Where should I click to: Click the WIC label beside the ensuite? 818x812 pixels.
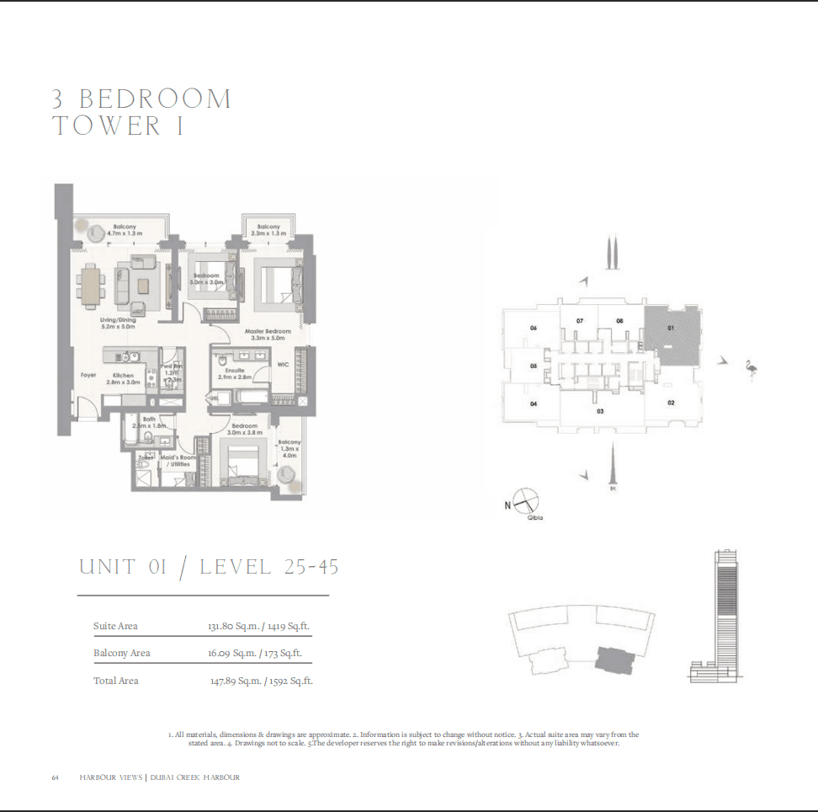284,365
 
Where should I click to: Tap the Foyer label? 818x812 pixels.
88,375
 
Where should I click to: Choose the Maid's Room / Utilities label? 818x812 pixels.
178,461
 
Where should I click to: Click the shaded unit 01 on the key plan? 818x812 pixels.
672,335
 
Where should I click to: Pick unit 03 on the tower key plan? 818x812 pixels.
600,411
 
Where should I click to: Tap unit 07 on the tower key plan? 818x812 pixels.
580,321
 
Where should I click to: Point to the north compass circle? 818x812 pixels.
524,499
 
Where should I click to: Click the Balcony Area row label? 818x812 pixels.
122,653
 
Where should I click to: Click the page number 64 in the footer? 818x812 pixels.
55,777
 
